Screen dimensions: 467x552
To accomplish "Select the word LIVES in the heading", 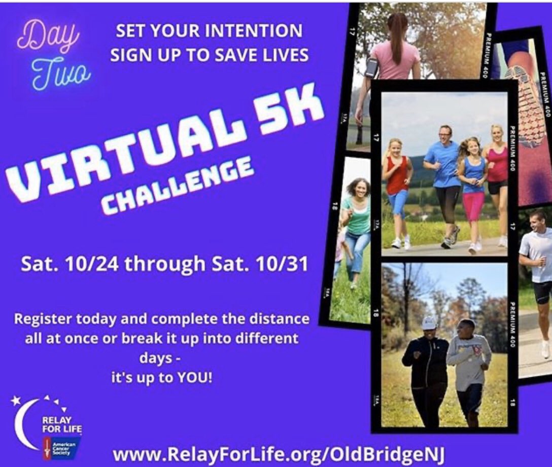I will point(282,55).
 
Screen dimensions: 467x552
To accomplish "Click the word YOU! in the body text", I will point(191,378).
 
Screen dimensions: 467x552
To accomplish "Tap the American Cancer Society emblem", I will point(61,446).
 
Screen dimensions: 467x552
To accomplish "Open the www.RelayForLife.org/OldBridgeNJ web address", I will point(279,454).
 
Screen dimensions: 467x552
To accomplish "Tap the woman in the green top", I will point(357,223).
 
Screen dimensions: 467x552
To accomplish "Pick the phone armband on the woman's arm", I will point(371,67).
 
